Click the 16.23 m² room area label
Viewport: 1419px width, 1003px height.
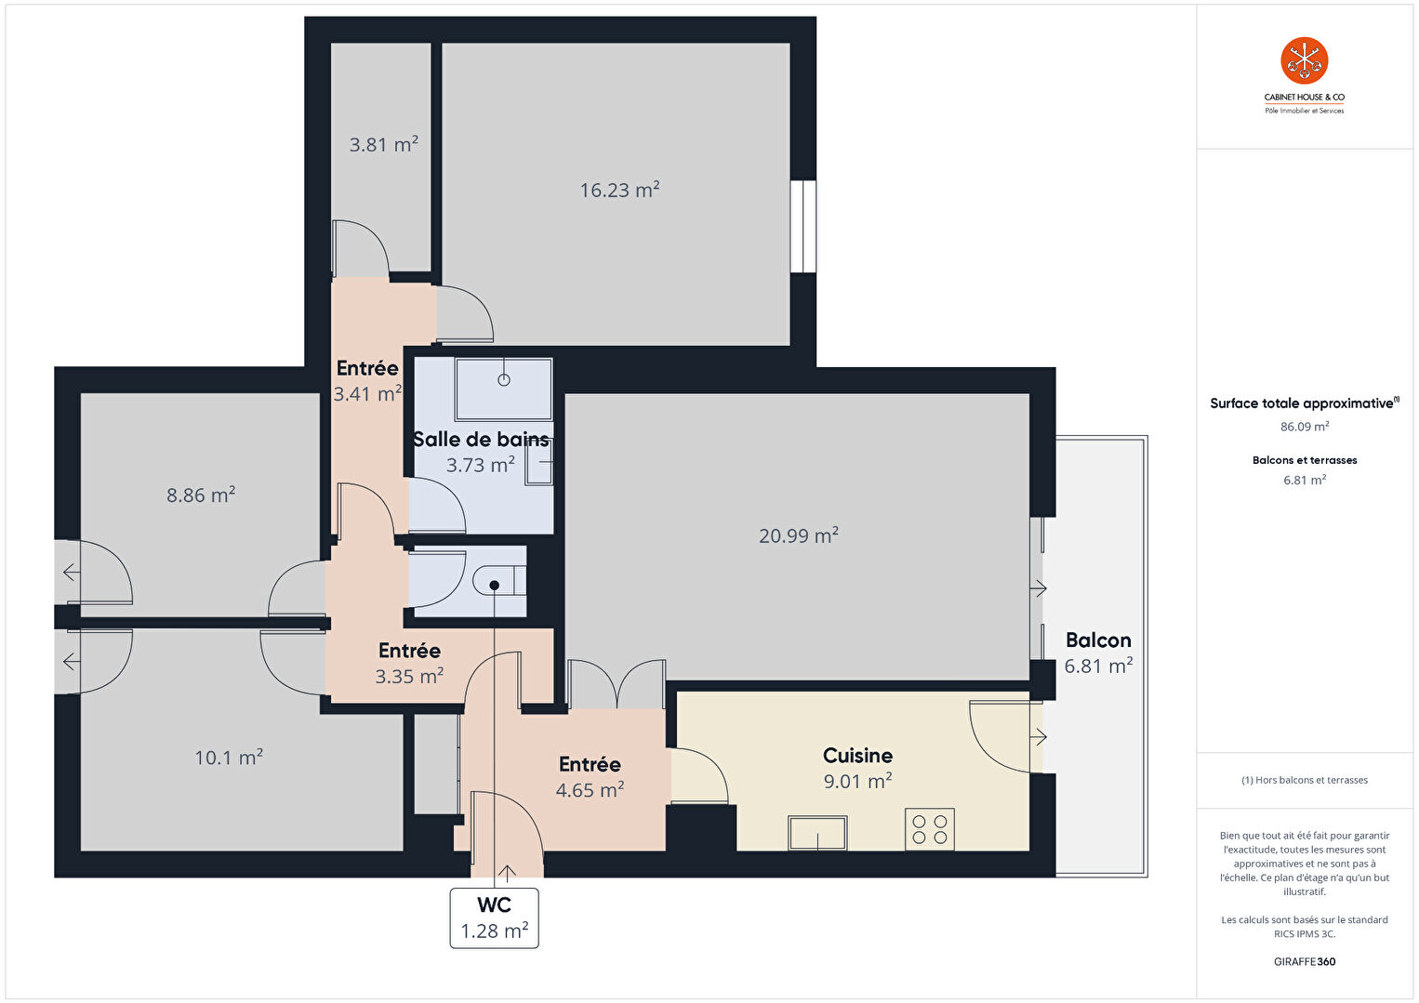point(619,190)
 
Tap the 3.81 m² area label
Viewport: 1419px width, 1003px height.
point(383,144)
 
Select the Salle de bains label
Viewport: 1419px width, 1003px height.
point(481,439)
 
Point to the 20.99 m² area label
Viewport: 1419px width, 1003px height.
point(798,535)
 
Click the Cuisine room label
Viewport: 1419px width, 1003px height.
point(857,755)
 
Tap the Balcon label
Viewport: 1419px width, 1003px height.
point(1098,640)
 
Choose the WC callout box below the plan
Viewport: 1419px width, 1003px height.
point(494,917)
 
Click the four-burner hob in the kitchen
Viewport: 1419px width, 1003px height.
point(929,829)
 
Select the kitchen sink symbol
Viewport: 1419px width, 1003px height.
point(817,833)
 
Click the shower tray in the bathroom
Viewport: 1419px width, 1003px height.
point(504,389)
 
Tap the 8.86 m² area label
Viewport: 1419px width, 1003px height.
point(201,494)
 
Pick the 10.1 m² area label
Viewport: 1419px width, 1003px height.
point(229,757)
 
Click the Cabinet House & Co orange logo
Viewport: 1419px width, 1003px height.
point(1305,60)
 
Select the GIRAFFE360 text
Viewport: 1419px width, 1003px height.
point(1305,961)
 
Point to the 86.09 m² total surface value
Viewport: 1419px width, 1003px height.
point(1305,426)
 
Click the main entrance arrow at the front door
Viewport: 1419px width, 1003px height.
point(506,873)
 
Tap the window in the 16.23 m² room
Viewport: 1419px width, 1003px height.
point(803,226)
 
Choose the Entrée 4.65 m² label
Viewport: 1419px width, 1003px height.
point(590,777)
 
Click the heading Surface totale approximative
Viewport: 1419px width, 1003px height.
point(1302,403)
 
